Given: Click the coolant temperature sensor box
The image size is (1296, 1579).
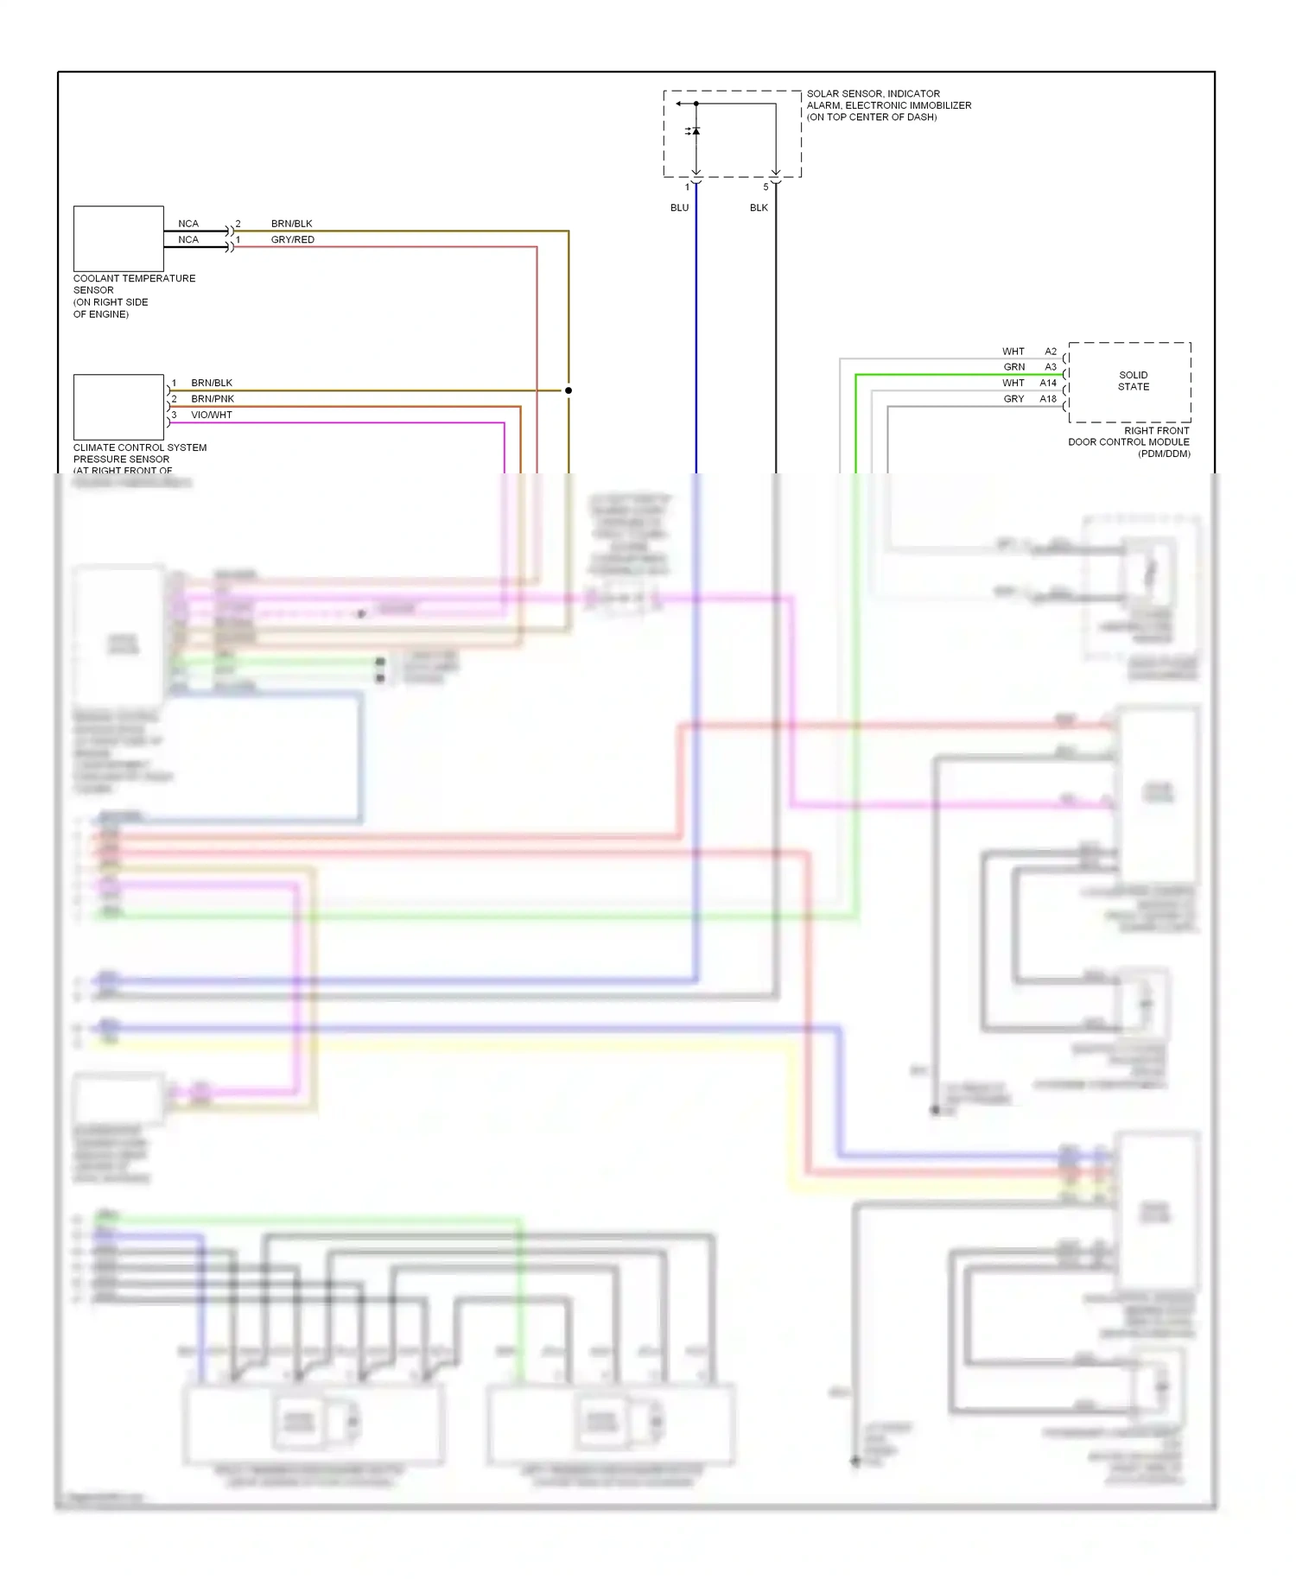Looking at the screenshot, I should click(x=118, y=238).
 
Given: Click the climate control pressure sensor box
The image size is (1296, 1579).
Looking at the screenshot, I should click(x=118, y=407).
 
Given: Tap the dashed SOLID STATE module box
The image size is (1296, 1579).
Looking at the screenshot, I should click(x=1129, y=382).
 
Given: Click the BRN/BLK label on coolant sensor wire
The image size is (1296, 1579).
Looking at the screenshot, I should click(x=291, y=224).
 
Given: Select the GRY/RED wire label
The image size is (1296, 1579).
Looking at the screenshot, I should click(x=292, y=240).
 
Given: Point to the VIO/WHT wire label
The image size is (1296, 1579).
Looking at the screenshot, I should click(x=212, y=415).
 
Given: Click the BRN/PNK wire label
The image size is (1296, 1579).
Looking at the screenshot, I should click(x=213, y=399).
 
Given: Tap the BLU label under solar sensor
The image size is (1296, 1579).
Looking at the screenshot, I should click(x=679, y=208).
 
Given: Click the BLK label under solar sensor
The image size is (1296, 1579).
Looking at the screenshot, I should click(x=759, y=208).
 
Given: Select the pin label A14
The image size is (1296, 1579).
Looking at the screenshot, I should click(x=1048, y=383).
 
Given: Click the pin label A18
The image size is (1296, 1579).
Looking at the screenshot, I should click(x=1048, y=399).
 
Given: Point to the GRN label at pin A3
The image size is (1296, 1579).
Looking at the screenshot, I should click(x=1014, y=367).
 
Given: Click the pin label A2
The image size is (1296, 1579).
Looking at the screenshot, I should click(x=1051, y=352).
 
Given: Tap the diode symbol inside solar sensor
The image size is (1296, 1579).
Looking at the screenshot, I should click(x=696, y=131).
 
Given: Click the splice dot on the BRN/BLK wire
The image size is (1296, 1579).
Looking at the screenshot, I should click(x=569, y=390).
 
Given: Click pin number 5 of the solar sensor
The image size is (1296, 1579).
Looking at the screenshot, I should click(x=766, y=187).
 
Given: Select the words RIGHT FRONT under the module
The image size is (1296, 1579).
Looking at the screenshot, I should click(x=1156, y=430).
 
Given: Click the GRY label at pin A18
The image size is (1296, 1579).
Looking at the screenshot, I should click(x=1013, y=399).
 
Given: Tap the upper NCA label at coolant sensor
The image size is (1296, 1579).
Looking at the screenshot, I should click(x=188, y=224).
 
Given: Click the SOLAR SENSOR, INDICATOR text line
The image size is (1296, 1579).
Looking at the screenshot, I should click(x=873, y=94).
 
